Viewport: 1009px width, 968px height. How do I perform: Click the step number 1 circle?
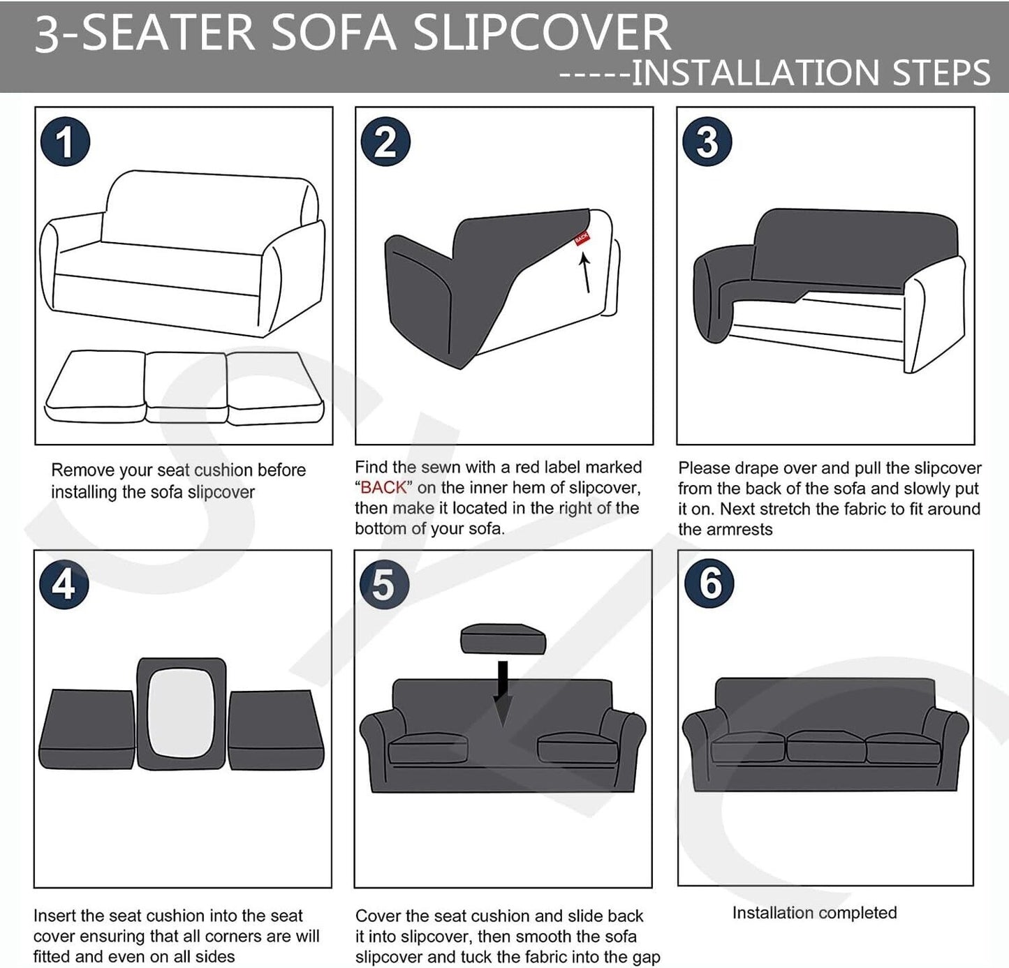pos(65,142)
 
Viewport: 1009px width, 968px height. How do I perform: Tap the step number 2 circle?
pos(385,142)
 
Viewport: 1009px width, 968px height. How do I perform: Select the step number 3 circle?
pos(707,142)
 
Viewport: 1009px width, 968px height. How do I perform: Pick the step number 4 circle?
pos(64,585)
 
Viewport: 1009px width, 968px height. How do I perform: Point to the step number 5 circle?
pos(384,585)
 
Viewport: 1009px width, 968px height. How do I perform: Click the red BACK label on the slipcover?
pos(581,239)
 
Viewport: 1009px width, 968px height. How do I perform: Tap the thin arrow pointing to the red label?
pos(586,273)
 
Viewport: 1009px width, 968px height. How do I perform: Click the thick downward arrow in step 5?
pos(503,694)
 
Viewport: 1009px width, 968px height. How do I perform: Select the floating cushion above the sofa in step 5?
pos(503,639)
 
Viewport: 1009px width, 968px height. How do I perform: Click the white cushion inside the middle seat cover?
pos(181,713)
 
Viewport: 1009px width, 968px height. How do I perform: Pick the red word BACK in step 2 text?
pos(383,488)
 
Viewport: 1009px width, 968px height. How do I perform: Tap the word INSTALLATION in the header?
pos(755,73)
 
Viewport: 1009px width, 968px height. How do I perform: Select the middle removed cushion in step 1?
pos(186,387)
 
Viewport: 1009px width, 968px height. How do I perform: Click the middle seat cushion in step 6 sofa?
pos(826,746)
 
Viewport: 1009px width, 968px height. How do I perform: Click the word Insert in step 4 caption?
pos(54,916)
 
